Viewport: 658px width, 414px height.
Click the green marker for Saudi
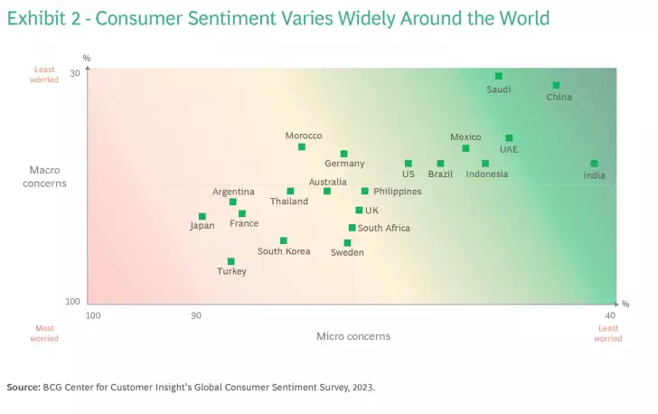tap(498, 76)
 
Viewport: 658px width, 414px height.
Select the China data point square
tap(556, 85)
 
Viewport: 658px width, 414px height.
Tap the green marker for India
tap(594, 164)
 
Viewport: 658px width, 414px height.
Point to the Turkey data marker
tap(230, 261)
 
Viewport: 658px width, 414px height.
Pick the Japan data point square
tap(202, 216)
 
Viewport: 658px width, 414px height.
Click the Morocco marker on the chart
tap(302, 146)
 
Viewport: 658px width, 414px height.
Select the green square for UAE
tap(509, 138)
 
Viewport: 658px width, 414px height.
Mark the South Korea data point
tap(283, 240)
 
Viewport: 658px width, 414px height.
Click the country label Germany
tap(344, 164)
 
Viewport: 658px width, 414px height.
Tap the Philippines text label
tap(398, 192)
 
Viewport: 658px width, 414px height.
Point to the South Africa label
tap(384, 229)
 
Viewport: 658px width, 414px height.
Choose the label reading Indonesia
tap(486, 174)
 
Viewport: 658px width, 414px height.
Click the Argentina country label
tap(234, 192)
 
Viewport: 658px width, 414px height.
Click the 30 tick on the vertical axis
tap(75, 74)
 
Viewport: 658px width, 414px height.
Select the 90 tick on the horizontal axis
tap(195, 315)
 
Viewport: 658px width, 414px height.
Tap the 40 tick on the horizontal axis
tap(610, 315)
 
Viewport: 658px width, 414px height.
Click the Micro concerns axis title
tap(353, 336)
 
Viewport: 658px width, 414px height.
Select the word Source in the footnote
tap(23, 387)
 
